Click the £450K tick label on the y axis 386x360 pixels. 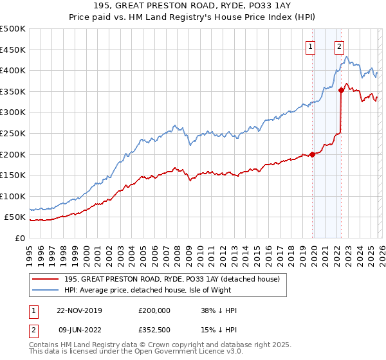(x=13, y=50)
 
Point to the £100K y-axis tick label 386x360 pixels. (x=13, y=196)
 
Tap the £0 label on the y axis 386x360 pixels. (x=20, y=238)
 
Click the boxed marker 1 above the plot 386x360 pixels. (x=310, y=46)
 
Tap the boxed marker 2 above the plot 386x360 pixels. (x=339, y=46)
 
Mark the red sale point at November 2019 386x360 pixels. (x=312, y=154)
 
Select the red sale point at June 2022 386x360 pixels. (x=341, y=91)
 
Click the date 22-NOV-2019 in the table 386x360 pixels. (x=79, y=310)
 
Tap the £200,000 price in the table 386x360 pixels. (x=154, y=310)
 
